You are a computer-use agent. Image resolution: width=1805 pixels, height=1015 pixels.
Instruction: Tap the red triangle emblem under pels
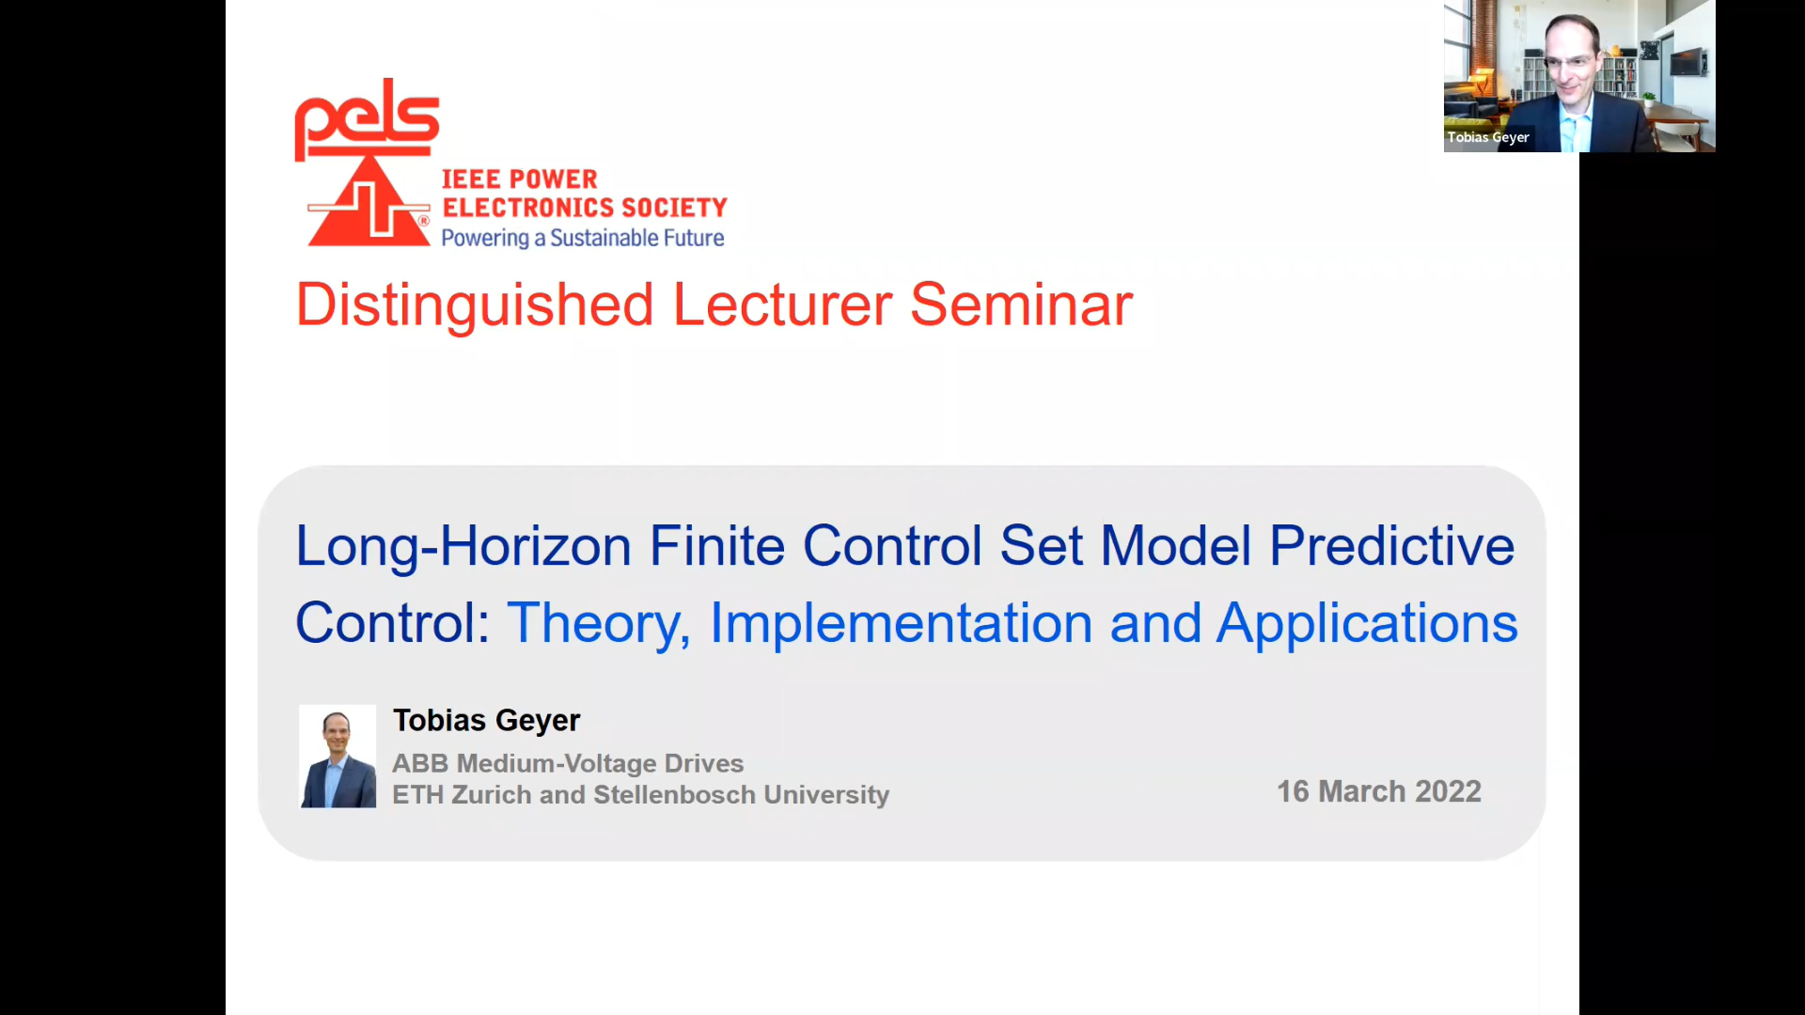click(369, 203)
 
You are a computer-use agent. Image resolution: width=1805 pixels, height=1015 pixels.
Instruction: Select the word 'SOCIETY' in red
click(674, 207)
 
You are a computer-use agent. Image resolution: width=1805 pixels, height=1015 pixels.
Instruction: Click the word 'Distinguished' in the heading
click(475, 305)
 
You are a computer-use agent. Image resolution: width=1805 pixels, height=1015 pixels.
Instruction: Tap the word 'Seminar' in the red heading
click(1021, 305)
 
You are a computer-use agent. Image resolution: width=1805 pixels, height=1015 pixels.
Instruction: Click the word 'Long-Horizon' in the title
click(463, 547)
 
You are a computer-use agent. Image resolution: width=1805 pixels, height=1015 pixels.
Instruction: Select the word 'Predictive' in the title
click(1391, 545)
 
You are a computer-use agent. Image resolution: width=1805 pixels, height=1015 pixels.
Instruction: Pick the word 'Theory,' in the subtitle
click(599, 624)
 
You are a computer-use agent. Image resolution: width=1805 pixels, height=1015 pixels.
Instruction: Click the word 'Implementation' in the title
click(901, 624)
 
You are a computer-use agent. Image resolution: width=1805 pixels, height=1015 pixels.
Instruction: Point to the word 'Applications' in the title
click(1367, 624)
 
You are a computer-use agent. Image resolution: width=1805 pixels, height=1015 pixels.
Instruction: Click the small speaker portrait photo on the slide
click(337, 757)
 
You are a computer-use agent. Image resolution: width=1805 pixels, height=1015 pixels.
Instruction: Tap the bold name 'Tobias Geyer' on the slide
click(486, 721)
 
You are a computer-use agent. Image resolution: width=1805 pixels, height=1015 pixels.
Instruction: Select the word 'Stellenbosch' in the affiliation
click(674, 795)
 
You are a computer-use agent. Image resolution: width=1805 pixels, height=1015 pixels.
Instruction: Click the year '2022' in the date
click(1448, 791)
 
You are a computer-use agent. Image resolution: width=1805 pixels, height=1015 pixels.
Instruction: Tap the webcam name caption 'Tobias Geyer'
click(1488, 137)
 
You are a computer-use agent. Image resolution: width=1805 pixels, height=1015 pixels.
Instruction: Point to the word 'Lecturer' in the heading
click(782, 305)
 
